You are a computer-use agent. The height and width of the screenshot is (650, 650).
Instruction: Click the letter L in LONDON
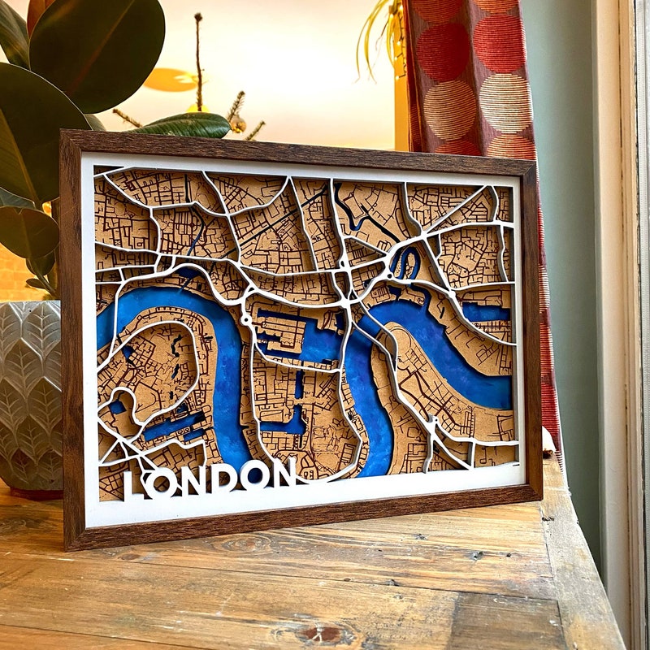pyautogui.click(x=132, y=484)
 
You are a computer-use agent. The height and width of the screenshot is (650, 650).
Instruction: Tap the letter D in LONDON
pyautogui.click(x=223, y=477)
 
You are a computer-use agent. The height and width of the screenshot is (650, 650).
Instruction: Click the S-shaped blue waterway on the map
pyautogui.click(x=405, y=262)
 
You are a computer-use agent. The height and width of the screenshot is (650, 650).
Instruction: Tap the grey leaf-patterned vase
pyautogui.click(x=31, y=382)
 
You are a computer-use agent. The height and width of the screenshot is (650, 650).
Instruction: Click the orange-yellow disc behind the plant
pyautogui.click(x=171, y=79)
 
